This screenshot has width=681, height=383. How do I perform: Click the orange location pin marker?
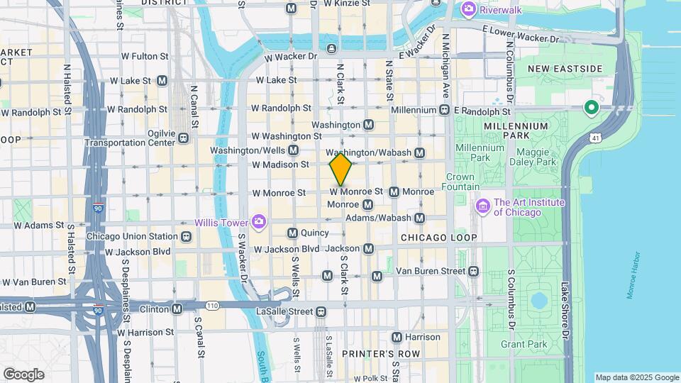(x=341, y=169)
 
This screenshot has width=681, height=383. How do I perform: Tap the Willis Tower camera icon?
(x=258, y=222)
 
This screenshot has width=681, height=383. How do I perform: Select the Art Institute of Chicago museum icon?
(x=484, y=206)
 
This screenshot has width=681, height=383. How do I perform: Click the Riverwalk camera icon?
(x=467, y=9)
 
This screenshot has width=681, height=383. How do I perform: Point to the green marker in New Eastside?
(x=590, y=109)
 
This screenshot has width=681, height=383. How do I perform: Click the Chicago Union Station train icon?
(x=186, y=236)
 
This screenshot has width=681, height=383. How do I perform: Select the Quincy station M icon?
(x=292, y=233)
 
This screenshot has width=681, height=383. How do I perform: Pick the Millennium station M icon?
(x=444, y=110)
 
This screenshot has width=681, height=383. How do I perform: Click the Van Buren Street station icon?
(x=474, y=271)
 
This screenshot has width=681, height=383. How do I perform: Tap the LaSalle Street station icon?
(x=321, y=311)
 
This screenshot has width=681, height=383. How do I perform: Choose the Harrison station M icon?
(x=397, y=337)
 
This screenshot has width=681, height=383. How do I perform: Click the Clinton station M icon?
(x=177, y=309)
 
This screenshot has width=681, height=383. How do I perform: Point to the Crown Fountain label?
(x=460, y=182)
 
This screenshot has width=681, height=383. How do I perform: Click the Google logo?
(x=23, y=374)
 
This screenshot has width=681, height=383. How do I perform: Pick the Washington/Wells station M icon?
(x=315, y=150)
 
